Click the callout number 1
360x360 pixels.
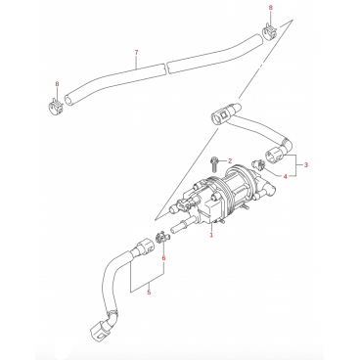point(211,235)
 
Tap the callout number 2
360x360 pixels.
point(230,160)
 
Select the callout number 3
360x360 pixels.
point(306,165)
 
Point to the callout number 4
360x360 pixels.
point(285,176)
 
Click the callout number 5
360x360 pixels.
point(149,292)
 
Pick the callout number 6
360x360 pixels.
point(163,258)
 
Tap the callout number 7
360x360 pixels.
point(136,52)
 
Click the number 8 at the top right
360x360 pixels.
point(270,8)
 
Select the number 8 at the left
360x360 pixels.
point(57,84)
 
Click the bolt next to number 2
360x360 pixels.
point(214,164)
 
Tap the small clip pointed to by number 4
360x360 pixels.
point(257,165)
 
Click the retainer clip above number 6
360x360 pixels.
point(161,237)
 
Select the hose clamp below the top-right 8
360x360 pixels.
point(269,31)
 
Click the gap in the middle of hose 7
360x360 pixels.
point(165,67)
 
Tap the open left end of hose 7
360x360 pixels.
point(67,100)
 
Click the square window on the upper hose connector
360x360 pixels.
point(224,114)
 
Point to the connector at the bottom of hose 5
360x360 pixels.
point(99,331)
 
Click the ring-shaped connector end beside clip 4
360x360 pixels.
point(273,156)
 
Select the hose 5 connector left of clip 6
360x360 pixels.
point(144,247)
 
